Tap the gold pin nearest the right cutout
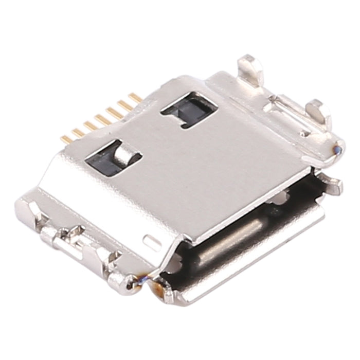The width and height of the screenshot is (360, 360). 135,97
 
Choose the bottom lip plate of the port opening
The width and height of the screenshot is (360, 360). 242,278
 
